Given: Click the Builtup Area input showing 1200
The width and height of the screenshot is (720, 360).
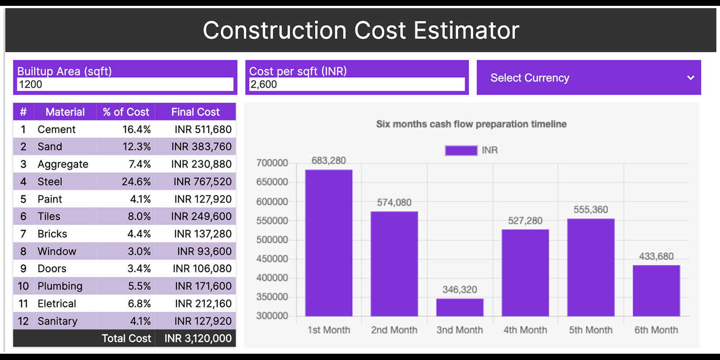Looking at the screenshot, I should [125, 84].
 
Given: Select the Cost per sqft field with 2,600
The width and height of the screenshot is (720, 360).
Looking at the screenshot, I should [357, 84].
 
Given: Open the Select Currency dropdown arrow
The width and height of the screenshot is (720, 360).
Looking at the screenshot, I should [690, 78].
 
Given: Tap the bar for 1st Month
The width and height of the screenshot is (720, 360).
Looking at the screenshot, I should [328, 243].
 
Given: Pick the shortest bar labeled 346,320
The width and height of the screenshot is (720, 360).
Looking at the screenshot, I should [459, 307].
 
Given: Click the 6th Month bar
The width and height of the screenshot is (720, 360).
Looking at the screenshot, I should [656, 291].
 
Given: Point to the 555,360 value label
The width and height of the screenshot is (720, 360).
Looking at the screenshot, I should [590, 210].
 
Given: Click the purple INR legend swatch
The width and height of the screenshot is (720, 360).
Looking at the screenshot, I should [461, 150].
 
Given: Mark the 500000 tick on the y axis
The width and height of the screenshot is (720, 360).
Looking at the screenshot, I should [272, 240].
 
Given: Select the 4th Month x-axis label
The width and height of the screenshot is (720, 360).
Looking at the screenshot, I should [525, 330].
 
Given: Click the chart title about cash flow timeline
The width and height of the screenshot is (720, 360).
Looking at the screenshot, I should [471, 124].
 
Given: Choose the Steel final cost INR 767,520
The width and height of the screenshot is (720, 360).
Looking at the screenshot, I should [202, 182].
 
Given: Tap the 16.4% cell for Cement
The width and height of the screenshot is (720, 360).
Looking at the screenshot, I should [136, 130].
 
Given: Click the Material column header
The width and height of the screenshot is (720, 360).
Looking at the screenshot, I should [65, 112].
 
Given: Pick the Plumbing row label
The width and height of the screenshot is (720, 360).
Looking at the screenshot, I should [60, 286].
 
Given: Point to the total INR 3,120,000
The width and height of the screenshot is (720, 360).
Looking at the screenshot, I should [198, 338].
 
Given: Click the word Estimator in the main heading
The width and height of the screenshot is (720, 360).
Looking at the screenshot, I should [466, 31].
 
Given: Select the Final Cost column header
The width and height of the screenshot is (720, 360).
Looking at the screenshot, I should [195, 112].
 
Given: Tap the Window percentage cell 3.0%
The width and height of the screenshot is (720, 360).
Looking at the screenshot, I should [139, 252].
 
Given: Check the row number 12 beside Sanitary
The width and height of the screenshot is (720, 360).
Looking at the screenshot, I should [23, 321].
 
